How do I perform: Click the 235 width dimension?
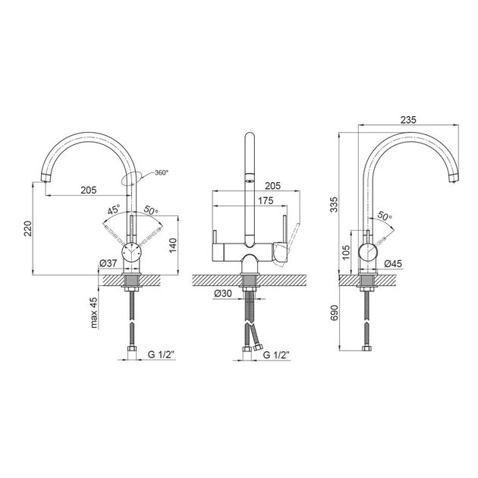408,120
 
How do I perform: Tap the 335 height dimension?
334,205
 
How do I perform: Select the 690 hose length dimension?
334,313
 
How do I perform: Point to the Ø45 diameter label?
393,263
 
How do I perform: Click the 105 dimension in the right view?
346,253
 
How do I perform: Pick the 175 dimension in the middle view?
266,201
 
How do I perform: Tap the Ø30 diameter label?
223,294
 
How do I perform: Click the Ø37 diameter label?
108,263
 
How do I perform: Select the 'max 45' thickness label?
95,313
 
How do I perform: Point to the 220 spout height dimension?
28,228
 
